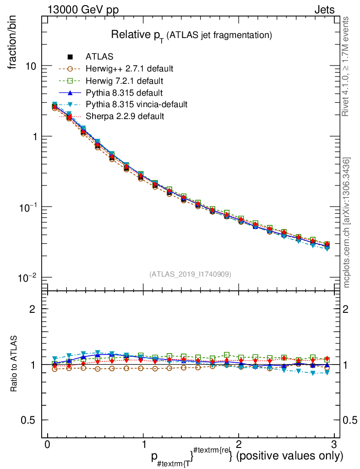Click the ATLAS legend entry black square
[x=70, y=57]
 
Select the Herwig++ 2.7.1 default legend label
[x=129, y=69]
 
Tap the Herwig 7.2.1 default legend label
[x=125, y=81]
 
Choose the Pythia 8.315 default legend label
[x=124, y=93]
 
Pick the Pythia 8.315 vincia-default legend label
[x=136, y=104]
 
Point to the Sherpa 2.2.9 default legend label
[x=125, y=116]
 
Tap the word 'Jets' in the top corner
[x=324, y=10]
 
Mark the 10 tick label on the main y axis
[x=30, y=66]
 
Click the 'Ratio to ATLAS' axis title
[x=15, y=365]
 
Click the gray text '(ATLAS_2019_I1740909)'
[x=190, y=274]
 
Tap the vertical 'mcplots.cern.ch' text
[x=347, y=223]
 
